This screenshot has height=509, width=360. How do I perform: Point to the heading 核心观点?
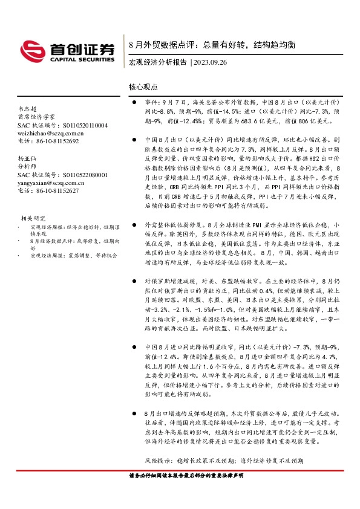coord(143,87)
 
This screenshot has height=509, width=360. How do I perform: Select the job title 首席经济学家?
coord(36,117)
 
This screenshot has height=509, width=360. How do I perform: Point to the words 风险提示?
coord(159,460)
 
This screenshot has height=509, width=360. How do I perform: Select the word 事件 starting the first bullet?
coord(151,103)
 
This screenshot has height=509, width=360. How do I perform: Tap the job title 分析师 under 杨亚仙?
coord(28,165)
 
